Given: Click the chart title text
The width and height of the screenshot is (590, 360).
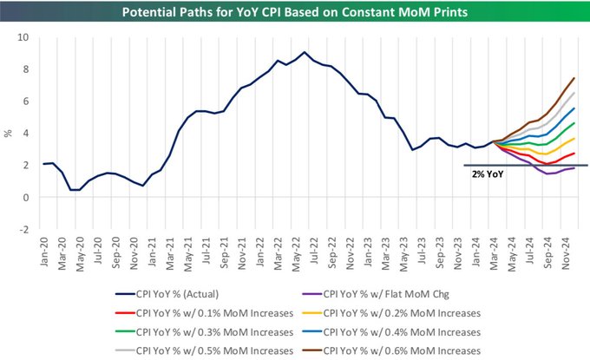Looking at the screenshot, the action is tap(295, 12).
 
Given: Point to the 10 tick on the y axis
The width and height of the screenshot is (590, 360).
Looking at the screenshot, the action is tap(23, 37).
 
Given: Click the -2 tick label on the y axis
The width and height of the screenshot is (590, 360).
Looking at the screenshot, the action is tap(23, 229).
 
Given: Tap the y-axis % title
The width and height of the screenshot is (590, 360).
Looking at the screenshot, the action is tap(8, 134).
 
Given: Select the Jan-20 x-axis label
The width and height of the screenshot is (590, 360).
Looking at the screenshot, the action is tap(44, 252).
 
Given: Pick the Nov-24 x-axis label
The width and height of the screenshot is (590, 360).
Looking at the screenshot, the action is tap(566, 253).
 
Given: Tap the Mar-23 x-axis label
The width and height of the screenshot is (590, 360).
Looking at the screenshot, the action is tap(386, 253).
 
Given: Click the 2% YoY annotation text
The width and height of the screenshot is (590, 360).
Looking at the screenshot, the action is tap(488, 174).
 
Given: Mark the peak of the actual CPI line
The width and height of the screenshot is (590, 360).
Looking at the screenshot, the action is tap(305, 52).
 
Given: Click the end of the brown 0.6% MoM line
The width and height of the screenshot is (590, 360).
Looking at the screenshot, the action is tap(574, 78).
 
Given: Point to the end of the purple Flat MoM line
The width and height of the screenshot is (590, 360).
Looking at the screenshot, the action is tap(574, 168).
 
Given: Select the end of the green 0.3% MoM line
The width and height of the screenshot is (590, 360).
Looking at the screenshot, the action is tap(574, 123).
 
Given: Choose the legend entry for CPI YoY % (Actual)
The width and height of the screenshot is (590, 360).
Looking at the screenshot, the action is tap(167, 294).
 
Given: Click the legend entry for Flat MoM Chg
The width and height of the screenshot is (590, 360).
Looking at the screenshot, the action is tap(376, 294).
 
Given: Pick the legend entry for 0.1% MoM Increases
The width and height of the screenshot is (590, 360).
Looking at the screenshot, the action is tap(204, 313).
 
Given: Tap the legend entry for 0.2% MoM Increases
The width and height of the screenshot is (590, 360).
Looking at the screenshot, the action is tap(391, 313).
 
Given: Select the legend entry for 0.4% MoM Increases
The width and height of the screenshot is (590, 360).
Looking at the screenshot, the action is tap(391, 332).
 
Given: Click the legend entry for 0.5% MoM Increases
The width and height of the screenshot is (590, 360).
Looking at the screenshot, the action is tap(204, 351).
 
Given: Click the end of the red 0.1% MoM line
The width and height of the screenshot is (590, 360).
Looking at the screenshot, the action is tap(574, 153).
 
